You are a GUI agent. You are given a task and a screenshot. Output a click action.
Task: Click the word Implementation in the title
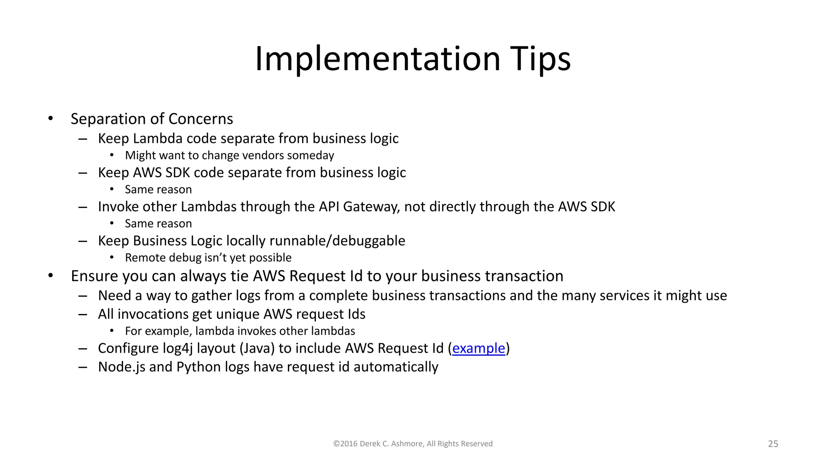click(378, 59)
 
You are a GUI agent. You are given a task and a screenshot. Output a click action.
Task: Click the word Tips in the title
click(540, 59)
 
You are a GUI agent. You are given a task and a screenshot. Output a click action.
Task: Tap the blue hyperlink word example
click(478, 348)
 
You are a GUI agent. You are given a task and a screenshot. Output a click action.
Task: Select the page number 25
click(773, 444)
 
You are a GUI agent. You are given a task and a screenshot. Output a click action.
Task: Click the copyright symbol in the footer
click(336, 444)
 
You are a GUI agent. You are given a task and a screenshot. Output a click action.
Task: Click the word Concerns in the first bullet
click(200, 119)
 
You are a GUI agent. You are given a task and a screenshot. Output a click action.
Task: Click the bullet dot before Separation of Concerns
click(50, 119)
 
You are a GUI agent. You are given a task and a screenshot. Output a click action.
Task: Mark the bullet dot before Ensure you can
click(50, 276)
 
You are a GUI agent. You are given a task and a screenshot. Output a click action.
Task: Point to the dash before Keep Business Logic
click(83, 241)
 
